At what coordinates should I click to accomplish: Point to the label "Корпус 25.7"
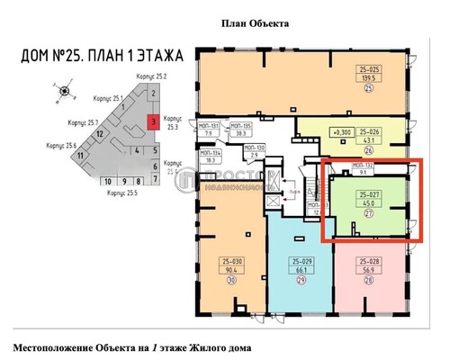point(82,121)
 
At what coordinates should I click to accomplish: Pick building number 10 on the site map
point(108,181)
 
